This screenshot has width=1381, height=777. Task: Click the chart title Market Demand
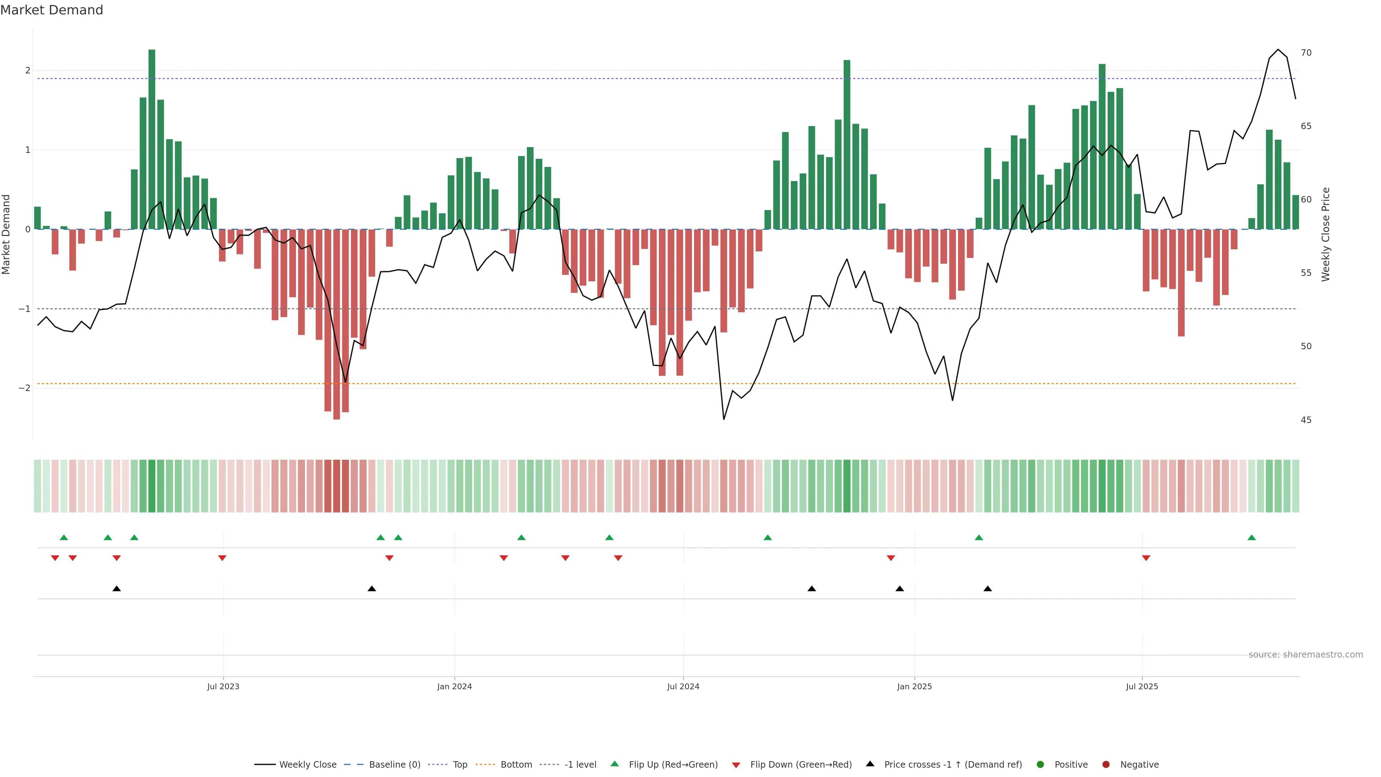[51, 10]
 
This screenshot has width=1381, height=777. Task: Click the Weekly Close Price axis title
[1325, 234]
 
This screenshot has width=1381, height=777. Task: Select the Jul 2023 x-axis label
[223, 686]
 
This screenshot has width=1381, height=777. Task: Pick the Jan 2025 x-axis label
[914, 686]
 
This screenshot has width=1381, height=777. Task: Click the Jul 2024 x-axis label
[683, 686]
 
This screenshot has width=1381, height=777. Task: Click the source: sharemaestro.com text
[1305, 655]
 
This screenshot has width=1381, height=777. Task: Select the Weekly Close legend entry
[307, 765]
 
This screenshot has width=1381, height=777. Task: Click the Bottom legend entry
[516, 765]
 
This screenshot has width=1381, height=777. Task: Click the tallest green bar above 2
[152, 140]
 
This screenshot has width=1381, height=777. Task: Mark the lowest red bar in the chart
[336, 324]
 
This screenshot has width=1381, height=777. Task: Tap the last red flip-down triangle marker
[1146, 558]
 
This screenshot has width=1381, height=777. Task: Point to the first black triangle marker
[116, 589]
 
